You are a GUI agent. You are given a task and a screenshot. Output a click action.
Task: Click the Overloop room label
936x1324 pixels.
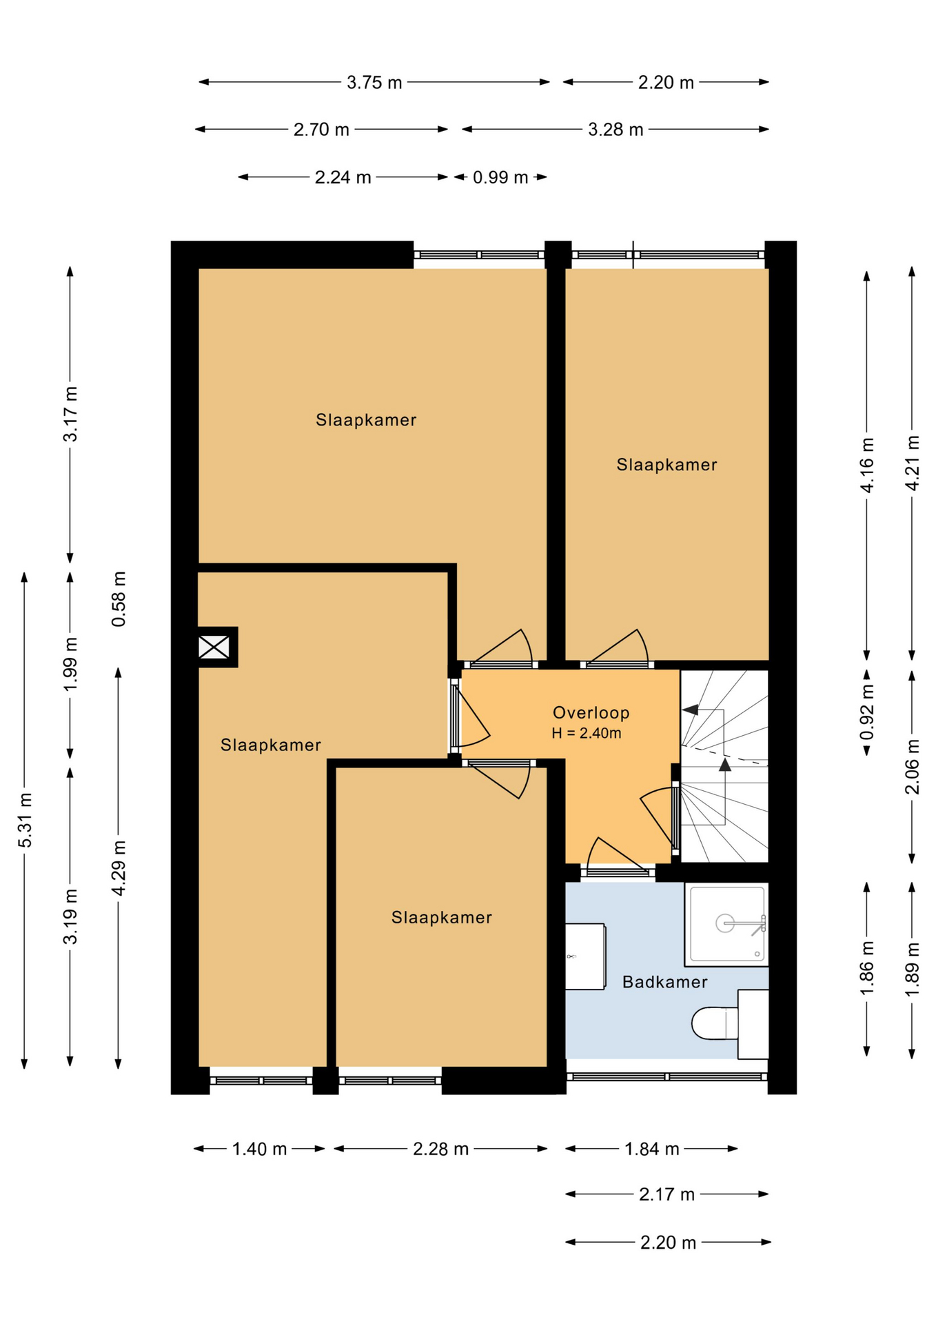coord(591,712)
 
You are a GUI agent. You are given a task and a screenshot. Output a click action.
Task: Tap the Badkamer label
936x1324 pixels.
coord(664,982)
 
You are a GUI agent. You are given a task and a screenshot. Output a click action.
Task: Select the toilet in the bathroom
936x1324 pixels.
coord(729,1024)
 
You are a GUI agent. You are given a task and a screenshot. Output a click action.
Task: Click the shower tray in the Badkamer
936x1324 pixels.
coord(726,924)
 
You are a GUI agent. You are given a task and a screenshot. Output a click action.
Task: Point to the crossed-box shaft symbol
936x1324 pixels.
coord(214,647)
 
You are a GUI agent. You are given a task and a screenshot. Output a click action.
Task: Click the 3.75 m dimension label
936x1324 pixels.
coord(374,83)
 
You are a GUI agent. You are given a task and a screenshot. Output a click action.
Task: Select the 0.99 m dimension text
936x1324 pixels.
coord(500,177)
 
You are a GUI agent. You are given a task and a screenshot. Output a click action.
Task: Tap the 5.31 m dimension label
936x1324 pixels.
coord(25,820)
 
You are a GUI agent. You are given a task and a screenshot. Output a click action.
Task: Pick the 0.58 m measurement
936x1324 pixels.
coord(119,599)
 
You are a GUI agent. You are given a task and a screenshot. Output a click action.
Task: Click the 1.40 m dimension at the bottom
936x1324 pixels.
coord(259,1149)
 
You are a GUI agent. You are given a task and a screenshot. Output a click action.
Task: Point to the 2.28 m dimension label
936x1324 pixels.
coord(441,1149)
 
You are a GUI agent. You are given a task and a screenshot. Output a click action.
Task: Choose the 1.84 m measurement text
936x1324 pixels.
coord(652,1149)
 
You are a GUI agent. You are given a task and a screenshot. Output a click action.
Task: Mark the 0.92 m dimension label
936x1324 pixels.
coord(867,711)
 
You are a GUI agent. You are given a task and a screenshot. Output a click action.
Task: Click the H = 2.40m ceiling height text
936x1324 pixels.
coord(587,733)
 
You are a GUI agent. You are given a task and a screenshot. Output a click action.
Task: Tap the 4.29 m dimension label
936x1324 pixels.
coord(119,867)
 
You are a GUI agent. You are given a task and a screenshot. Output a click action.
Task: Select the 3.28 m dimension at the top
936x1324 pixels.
coord(615,130)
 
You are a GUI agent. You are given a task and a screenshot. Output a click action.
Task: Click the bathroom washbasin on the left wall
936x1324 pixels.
coord(585,956)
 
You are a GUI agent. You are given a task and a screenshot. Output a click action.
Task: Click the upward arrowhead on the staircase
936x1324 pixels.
coord(724,764)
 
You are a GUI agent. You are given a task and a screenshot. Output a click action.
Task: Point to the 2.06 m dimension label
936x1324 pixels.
coord(912,766)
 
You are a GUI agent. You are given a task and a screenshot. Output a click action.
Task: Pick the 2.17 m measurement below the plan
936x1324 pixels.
coord(667,1194)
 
